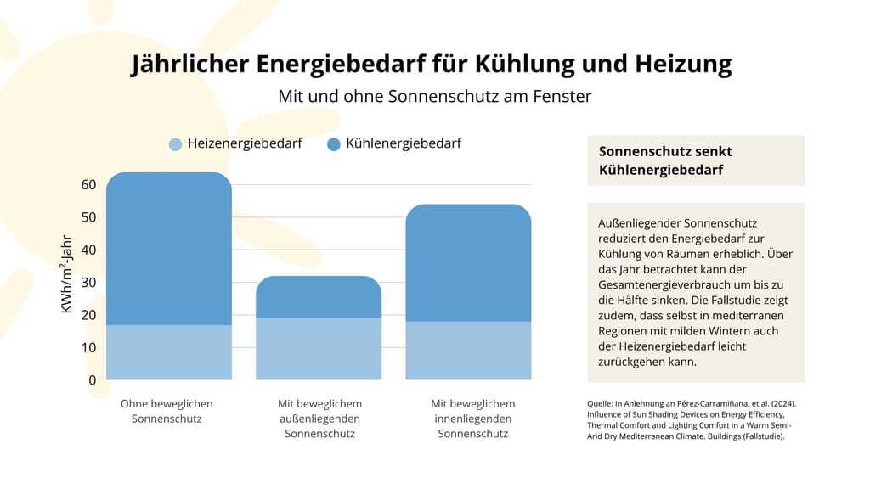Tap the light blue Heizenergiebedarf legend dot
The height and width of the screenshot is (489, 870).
[x=176, y=144]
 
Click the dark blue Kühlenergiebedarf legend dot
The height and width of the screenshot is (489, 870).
[x=334, y=144]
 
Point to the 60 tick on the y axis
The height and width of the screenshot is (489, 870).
[x=88, y=185]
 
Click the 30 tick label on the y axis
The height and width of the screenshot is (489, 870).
[x=88, y=283]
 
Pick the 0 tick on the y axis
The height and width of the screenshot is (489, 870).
[x=92, y=380]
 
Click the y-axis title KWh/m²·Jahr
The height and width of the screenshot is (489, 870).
[x=66, y=274]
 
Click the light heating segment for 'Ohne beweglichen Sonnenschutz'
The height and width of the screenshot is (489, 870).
[x=169, y=352]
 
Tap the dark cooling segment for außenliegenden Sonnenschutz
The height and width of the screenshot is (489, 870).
[x=319, y=296]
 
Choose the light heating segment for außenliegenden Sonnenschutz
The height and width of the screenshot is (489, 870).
[x=319, y=349]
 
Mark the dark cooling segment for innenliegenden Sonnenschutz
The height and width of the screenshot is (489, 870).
[x=468, y=263]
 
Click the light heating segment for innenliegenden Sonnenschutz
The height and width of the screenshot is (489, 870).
[x=468, y=351]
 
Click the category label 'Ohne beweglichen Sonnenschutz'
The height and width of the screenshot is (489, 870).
[x=167, y=411]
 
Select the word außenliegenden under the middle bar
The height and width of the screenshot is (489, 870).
[x=319, y=419]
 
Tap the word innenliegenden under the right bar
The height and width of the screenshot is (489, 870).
[x=473, y=419]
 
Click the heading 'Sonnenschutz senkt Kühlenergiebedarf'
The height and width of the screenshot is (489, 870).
[x=665, y=160]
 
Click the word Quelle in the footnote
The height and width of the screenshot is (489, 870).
[x=601, y=403]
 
